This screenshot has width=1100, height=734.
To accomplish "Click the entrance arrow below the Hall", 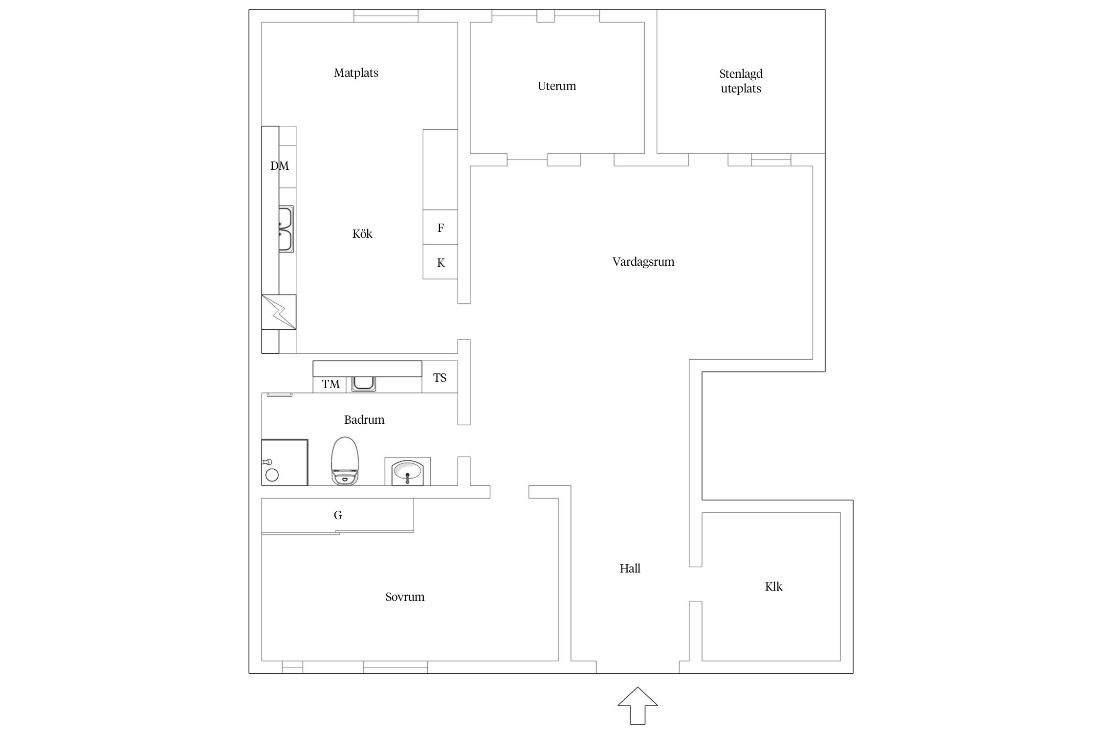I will coord(638,706).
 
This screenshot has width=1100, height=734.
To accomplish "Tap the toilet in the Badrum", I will coord(345,461).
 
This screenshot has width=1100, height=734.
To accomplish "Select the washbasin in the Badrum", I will coord(407,472).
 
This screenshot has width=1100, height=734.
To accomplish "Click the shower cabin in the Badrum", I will coord(285,462).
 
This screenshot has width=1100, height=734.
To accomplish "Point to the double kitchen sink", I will coord(286,229).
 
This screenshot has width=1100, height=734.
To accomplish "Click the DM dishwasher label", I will coord(280,166).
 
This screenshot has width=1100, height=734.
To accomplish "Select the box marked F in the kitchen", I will coord(440,228).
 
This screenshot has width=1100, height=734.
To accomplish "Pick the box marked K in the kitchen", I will coord(440,262).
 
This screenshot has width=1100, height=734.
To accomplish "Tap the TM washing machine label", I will coord(330,384).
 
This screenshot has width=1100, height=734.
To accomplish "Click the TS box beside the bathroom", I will coord(440,377).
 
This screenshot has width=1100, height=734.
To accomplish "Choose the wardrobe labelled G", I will coord(337,515).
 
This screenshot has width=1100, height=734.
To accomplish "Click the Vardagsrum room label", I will coord(643,262).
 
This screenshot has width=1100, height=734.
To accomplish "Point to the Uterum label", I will coord(556,86).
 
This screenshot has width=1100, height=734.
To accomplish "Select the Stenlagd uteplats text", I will coord(741,81).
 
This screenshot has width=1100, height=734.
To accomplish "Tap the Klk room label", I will coord(773,586).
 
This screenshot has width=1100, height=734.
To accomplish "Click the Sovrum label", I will coord(405,596).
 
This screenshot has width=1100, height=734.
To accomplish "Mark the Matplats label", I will coord(356,73).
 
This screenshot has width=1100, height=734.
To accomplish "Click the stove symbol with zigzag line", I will coord(279,312).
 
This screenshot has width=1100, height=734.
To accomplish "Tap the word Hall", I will coord(630,568).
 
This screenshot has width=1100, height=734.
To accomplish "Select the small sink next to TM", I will coord(364,383).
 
